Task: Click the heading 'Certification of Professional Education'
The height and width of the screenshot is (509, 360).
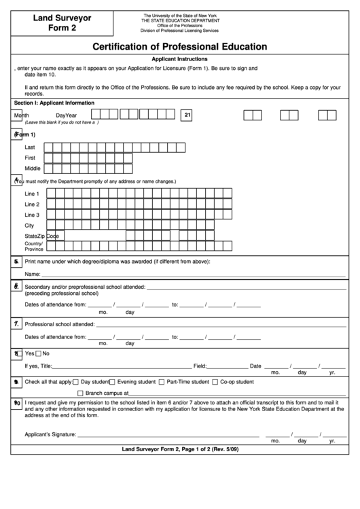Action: [x=180, y=47]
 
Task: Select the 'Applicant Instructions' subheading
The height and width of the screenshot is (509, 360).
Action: [x=180, y=60]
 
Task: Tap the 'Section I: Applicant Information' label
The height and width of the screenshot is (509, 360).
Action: [x=54, y=103]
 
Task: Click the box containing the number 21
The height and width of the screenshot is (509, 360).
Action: [x=187, y=116]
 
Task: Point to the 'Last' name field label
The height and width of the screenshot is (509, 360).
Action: [x=30, y=147]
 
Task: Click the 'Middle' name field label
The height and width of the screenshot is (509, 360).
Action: [x=33, y=168]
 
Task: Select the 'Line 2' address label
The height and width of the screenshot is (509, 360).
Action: [x=32, y=204]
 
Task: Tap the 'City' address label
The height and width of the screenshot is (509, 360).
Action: [x=29, y=225]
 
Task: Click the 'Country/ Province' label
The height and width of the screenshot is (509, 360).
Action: [x=34, y=246]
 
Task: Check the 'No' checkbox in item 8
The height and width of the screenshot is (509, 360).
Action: [x=38, y=353]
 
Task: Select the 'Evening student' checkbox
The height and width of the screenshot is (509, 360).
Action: [x=112, y=382]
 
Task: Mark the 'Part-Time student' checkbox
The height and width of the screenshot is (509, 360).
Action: [x=162, y=382]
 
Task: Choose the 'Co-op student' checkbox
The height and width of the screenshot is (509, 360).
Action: [x=215, y=382]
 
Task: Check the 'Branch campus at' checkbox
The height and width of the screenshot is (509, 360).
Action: [x=80, y=393]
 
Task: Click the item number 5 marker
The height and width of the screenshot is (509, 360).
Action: [x=16, y=260]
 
